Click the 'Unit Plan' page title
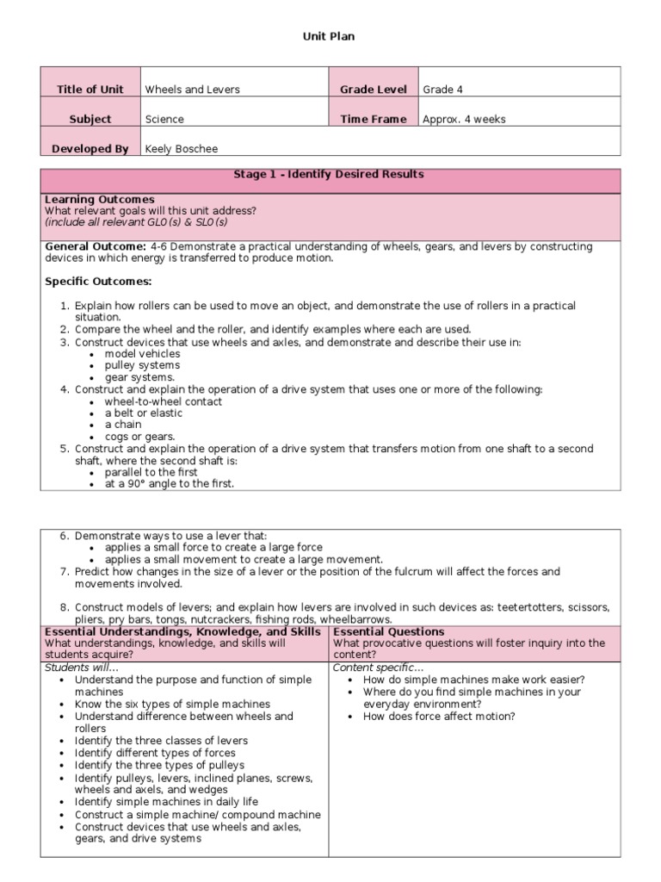click(330, 36)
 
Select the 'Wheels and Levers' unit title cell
click(192, 90)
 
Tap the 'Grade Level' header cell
click(373, 90)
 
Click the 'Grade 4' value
click(442, 90)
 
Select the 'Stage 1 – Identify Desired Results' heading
click(329, 175)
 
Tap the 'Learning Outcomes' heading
click(99, 200)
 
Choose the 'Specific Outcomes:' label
click(97, 282)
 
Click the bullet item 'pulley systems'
click(142, 365)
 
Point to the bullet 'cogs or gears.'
click(139, 437)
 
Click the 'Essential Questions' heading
click(388, 632)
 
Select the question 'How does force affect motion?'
click(439, 716)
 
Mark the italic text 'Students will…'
click(82, 668)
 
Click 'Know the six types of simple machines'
click(172, 704)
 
